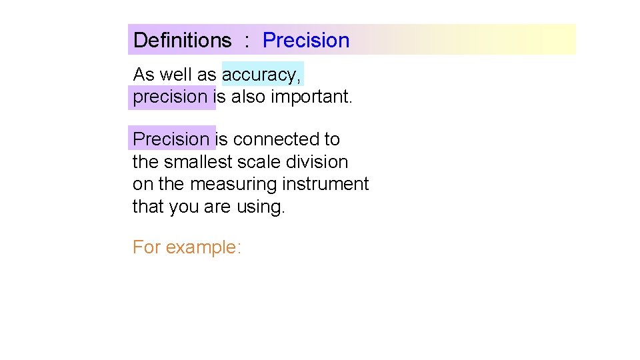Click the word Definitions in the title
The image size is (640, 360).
[182, 40]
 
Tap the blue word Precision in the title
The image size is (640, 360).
[306, 40]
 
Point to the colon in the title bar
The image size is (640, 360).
[247, 41]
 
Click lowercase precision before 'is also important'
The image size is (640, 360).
[171, 97]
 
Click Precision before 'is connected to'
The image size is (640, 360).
[171, 139]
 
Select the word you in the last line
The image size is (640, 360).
[184, 207]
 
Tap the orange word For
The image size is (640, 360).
[146, 247]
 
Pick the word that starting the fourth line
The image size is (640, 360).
[147, 207]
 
